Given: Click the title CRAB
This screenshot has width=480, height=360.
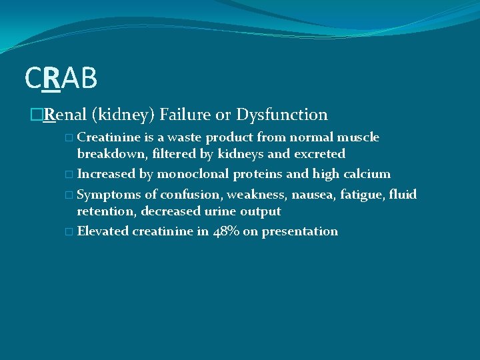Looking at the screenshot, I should coord(61,79).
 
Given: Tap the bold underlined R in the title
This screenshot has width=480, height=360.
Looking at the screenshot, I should coord(51,79).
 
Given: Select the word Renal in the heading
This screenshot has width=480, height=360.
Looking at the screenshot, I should coord(65,115).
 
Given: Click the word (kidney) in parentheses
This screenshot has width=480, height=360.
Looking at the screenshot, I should coord(123,115).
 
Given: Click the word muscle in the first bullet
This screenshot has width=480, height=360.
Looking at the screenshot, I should coord(360,137).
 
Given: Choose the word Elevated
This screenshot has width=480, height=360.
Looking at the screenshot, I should coord(103,231).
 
